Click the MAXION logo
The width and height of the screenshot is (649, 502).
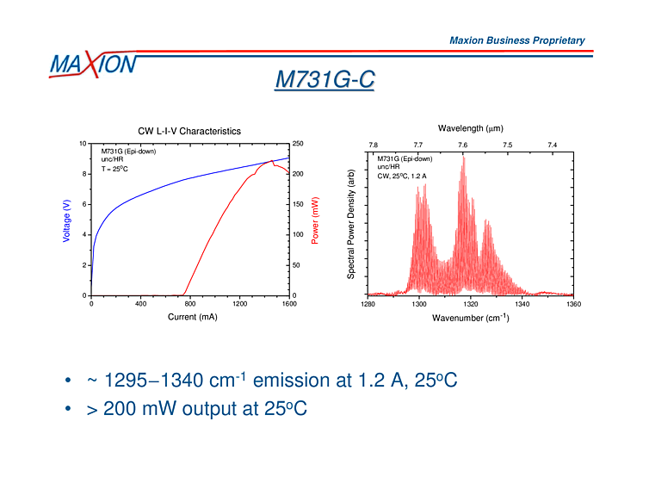pyautogui.click(x=92, y=64)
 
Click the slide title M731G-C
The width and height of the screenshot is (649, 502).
pyautogui.click(x=324, y=80)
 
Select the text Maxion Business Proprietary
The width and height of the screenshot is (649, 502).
pyautogui.click(x=516, y=40)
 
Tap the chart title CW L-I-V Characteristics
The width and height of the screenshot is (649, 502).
pyautogui.click(x=189, y=131)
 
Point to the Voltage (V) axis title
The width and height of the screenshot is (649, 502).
pyautogui.click(x=67, y=220)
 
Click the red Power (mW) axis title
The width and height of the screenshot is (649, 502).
pyautogui.click(x=315, y=220)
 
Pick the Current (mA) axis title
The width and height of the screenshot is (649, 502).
pyautogui.click(x=192, y=318)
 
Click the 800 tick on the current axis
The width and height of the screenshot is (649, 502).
pyautogui.click(x=190, y=304)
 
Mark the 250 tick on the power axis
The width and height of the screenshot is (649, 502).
pyautogui.click(x=297, y=144)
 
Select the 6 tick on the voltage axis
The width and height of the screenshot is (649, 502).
pyautogui.click(x=83, y=204)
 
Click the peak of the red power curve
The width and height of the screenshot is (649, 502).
pyautogui.click(x=273, y=160)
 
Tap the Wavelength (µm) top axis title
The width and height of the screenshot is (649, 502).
pyautogui.click(x=470, y=128)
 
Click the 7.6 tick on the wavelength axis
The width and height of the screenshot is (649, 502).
pyautogui.click(x=462, y=145)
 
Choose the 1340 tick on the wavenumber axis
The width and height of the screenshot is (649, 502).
pyautogui.click(x=522, y=304)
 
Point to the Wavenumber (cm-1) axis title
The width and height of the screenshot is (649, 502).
pyautogui.click(x=470, y=319)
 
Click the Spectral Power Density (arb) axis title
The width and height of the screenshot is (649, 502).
pyautogui.click(x=351, y=223)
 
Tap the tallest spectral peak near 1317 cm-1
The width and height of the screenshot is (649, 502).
pyautogui.click(x=463, y=157)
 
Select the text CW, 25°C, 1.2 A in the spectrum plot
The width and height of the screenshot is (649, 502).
pyautogui.click(x=402, y=176)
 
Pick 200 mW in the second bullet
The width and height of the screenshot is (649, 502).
pyautogui.click(x=143, y=409)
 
